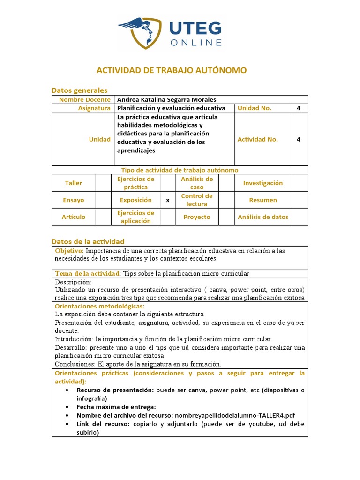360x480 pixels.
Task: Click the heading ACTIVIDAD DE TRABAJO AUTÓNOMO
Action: pos(171,70)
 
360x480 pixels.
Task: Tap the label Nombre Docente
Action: pos(85,99)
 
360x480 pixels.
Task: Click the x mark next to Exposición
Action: pos(167,200)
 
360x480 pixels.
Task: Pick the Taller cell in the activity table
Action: pos(74,183)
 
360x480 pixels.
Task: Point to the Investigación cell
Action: pos(263,183)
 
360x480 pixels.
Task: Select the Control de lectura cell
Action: pos(197,200)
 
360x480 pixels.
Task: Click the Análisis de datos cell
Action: pos(263,217)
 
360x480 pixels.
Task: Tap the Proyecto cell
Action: pos(197,217)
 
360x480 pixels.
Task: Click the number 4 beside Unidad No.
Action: pos(299,108)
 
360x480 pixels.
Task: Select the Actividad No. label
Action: pos(258,139)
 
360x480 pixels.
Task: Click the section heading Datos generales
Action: pos(79,90)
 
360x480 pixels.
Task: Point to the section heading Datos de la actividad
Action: pos(88,241)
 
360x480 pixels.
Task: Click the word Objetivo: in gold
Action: pos(69,251)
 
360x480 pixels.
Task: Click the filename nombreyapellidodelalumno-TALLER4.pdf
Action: pos(235,415)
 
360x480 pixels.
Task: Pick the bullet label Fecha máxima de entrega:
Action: pos(116,407)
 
